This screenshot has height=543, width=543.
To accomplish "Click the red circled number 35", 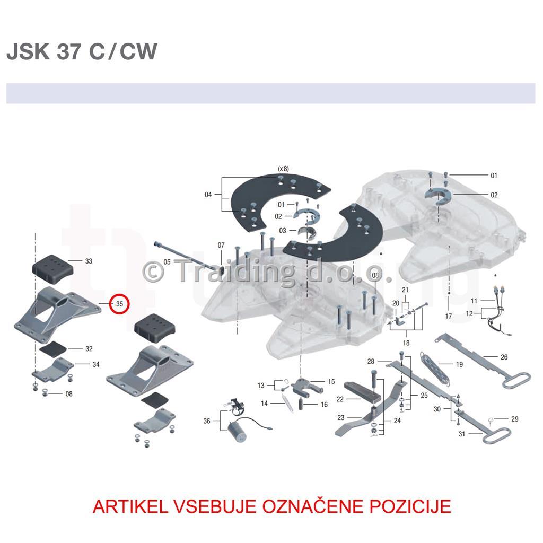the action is coord(119,304).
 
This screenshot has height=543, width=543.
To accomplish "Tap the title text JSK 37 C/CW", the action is coord(82,51).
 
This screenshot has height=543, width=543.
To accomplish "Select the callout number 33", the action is coord(89,261).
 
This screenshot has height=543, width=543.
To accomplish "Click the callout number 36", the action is coord(207,421).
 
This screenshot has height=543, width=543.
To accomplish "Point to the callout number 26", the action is coord(504,357).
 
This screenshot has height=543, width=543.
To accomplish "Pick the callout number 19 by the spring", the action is coord(459,364).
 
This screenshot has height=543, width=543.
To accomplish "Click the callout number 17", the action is coord(449,316).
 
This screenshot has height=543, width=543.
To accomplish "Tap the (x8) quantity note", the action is coord(283,169).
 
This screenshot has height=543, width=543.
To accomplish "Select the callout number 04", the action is coord(208,195).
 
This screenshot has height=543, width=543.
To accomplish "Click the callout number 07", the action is coord(221,245).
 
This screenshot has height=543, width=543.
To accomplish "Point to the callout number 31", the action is coord(462,434).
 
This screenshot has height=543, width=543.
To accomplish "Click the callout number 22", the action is coord(340,399).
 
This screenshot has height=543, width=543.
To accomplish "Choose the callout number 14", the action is coord(264,404).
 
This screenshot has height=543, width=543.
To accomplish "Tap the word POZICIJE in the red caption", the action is coord(410,506).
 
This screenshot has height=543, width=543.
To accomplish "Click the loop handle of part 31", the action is coord(496,436).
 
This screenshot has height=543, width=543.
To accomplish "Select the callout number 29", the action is coord(514,419).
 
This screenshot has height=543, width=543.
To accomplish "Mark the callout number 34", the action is coord(96,364).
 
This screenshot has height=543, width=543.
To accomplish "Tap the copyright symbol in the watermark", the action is coord(153,272).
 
